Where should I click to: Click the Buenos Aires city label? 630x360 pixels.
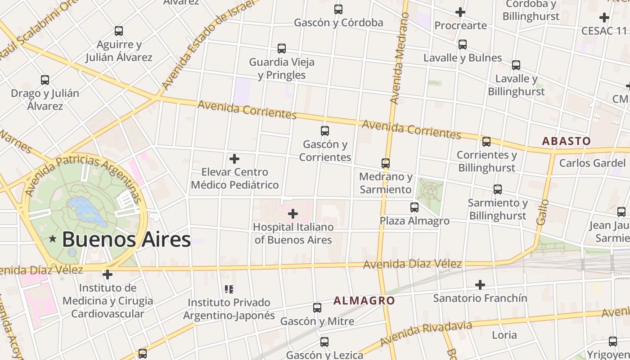(126, 239)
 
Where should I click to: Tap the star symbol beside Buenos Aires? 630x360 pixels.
(53, 239)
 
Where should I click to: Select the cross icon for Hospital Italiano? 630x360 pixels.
(293, 213)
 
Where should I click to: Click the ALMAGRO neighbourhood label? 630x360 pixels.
(364, 301)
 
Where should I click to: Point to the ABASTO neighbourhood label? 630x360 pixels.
(566, 141)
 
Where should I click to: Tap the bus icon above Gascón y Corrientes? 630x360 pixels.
(324, 131)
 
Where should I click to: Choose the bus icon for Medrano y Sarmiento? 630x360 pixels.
(386, 163)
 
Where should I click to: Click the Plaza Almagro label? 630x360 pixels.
(414, 221)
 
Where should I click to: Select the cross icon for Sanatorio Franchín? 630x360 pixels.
(480, 284)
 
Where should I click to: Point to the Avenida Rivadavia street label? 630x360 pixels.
(426, 334)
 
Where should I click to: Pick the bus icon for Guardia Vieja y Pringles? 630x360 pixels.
(282, 48)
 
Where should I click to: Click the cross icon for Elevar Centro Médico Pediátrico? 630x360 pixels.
(234, 159)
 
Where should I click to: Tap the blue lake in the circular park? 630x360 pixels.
(88, 211)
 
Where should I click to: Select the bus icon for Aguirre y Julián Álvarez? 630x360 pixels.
(119, 31)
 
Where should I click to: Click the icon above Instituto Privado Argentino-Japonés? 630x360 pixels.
(229, 289)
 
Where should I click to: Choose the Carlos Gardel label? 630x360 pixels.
(592, 163)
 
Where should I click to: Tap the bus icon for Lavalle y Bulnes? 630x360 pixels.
(463, 45)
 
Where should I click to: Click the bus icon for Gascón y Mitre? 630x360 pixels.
(317, 308)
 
